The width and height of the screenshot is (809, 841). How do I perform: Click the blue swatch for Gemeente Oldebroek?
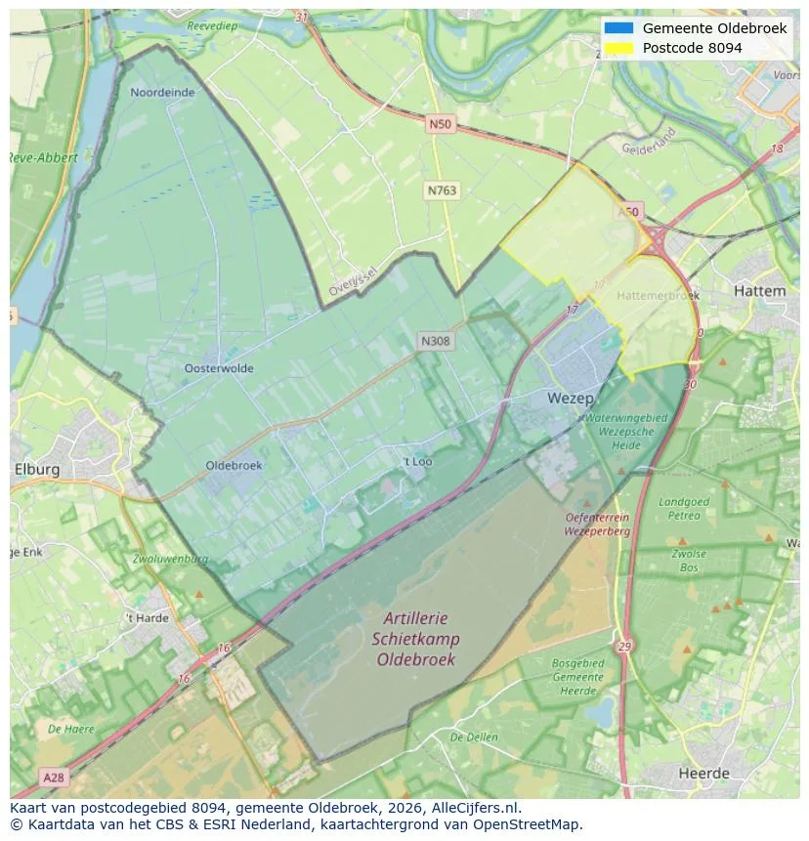coord(619,28)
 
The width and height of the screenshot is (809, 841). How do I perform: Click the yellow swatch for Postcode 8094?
coord(619,48)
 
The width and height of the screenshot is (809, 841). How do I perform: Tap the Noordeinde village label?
coord(162,93)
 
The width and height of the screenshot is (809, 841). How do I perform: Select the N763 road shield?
coord(442,190)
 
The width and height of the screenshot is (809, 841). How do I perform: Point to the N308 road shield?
coord(435,341)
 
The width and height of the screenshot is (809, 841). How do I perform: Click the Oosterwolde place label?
coord(219,368)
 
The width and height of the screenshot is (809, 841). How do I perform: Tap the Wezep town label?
coord(570,399)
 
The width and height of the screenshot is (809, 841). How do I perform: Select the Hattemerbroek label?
coord(659,294)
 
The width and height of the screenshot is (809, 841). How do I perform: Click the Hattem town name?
coord(758,291)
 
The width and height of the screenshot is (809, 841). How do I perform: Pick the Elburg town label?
coord(37,469)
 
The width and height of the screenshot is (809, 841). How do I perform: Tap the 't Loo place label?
coord(417,461)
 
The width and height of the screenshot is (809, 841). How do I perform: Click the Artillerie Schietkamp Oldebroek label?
coord(415,639)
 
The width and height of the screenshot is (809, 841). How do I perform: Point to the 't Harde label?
coord(147,618)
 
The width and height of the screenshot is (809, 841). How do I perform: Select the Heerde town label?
coord(703,774)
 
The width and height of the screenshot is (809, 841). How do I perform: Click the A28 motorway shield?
coord(55,777)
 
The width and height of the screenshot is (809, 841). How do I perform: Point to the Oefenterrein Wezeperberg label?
coord(597,525)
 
